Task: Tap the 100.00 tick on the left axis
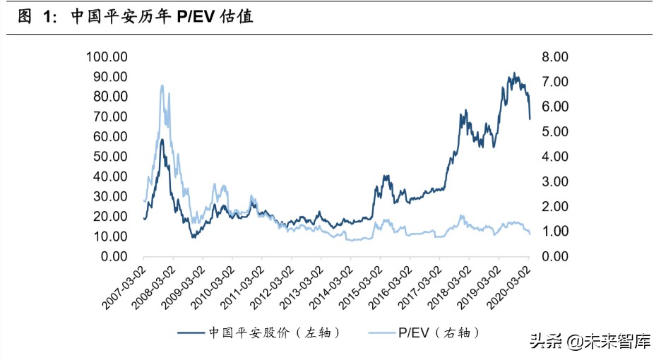tap(106, 56)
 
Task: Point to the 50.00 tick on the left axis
tap(109, 156)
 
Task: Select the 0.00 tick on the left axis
tap(112, 256)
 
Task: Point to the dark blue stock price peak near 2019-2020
tap(514, 73)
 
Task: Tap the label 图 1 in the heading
tap(35, 17)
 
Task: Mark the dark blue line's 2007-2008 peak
tap(162, 140)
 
